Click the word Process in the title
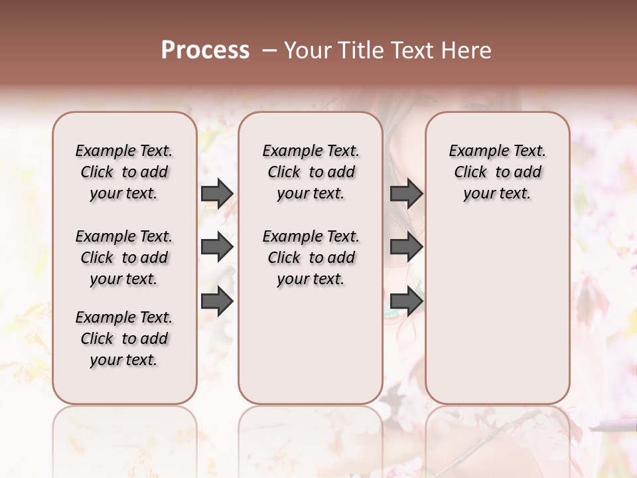point(205,50)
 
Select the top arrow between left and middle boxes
point(217,194)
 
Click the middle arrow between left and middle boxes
point(217,248)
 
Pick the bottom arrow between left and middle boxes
point(217,301)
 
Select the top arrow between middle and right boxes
point(406,194)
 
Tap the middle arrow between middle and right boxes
point(406,248)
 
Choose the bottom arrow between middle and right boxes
point(406,301)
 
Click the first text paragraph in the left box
point(123,172)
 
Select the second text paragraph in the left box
point(123,258)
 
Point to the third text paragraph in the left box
point(123,339)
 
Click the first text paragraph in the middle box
point(311,172)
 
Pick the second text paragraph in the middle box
point(311,258)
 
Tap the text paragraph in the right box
point(497,172)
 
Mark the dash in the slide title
point(269,50)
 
